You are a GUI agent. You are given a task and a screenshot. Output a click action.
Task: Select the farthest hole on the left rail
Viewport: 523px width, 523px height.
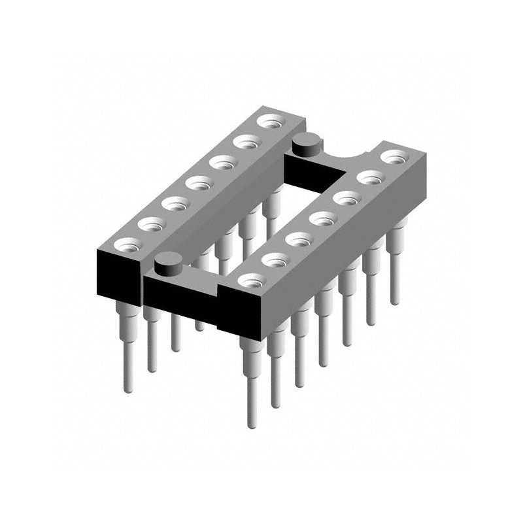267,120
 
